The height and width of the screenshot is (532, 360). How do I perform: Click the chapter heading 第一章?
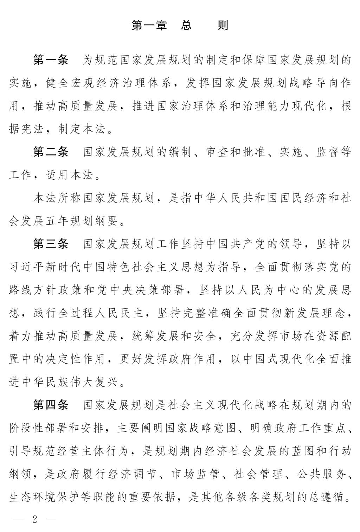pos(149,25)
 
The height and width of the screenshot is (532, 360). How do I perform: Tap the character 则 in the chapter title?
pos(223,25)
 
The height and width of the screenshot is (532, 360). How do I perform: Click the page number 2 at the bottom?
pos(34,519)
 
